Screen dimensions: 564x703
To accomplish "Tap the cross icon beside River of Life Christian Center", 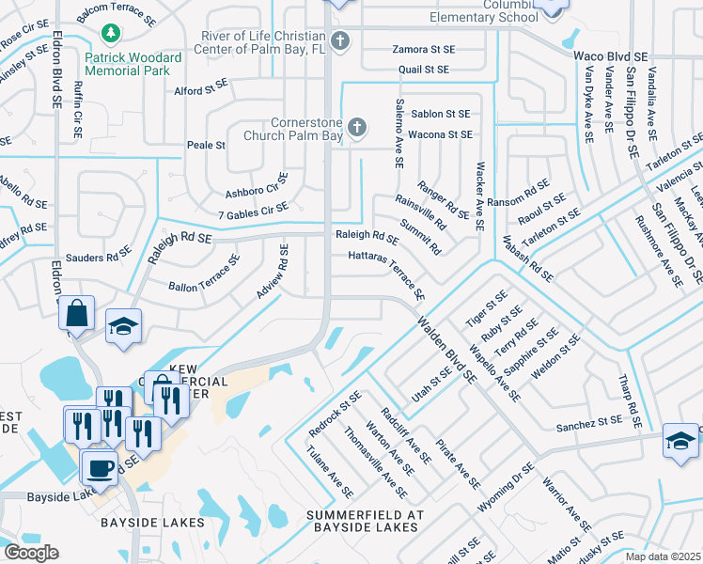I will [x=339, y=41].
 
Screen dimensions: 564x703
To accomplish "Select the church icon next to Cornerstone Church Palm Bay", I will [x=356, y=127].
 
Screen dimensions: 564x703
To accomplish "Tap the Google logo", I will [x=30, y=553].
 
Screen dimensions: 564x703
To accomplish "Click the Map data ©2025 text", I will [x=663, y=556].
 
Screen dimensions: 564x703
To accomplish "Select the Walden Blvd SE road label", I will [x=445, y=348].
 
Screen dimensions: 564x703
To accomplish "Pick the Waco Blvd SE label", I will [x=611, y=56].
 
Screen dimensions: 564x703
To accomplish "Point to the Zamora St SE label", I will [x=423, y=49].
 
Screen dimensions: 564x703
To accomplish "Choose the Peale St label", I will [x=207, y=146].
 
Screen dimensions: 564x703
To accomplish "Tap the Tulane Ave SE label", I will [x=329, y=473].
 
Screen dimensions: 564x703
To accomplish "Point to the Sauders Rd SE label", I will [x=98, y=257].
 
